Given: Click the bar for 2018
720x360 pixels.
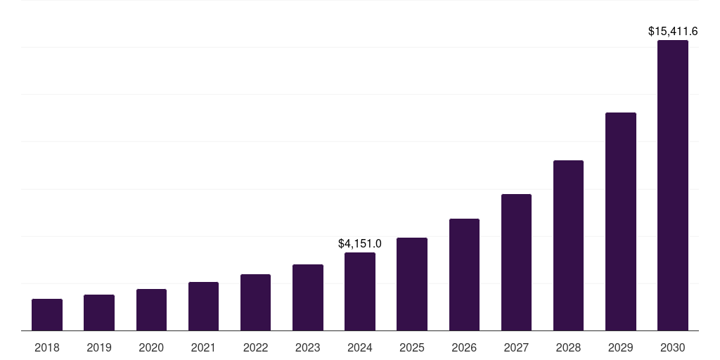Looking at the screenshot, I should click(47, 315).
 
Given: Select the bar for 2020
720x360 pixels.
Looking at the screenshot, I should click(151, 310).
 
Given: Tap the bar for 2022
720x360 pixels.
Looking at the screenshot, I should click(255, 302).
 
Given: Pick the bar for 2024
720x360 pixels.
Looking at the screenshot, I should click(360, 292).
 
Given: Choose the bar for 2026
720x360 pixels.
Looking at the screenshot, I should click(464, 275).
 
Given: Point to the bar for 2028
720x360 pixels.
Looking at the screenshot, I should click(568, 245).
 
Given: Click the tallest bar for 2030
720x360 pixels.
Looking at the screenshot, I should click(673, 186).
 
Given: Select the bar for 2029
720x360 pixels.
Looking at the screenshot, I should click(621, 221).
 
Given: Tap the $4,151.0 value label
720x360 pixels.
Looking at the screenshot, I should click(360, 244).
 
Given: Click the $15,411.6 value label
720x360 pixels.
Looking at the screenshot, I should click(673, 32).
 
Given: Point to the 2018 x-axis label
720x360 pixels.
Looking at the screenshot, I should click(47, 347).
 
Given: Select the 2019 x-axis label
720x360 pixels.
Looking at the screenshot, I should click(99, 347).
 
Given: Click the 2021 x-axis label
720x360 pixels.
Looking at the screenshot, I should click(203, 347).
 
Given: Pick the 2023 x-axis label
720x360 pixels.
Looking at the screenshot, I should click(308, 347).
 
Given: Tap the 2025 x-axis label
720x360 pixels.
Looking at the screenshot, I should click(412, 347).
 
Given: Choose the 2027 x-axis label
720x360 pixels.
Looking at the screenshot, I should click(516, 347).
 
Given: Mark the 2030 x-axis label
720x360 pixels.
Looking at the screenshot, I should click(673, 347).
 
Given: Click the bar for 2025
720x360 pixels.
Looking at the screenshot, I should click(412, 284).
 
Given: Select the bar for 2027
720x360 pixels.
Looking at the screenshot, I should click(516, 262).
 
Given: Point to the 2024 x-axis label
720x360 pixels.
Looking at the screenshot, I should click(360, 347).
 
